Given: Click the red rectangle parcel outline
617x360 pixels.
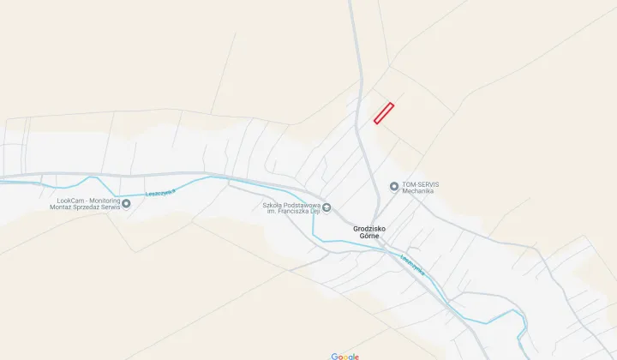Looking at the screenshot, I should point(383,113).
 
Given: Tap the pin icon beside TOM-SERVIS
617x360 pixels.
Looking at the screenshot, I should point(394,186).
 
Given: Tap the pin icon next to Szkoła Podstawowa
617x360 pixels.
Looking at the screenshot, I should point(326,208).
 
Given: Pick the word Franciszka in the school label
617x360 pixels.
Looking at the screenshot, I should point(291,212).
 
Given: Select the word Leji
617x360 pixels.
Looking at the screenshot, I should point(314,212).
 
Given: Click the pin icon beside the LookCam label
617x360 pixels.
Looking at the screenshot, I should point(126,203).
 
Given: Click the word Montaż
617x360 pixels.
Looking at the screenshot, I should point(63,207).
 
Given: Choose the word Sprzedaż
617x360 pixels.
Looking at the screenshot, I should point(88,207).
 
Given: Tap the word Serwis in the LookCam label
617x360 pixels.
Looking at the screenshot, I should point(112,207).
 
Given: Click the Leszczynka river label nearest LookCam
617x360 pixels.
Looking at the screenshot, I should point(160,194).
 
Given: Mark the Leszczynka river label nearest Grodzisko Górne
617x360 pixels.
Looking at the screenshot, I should point(413,264).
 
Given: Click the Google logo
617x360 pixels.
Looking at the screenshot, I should point(345,356).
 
